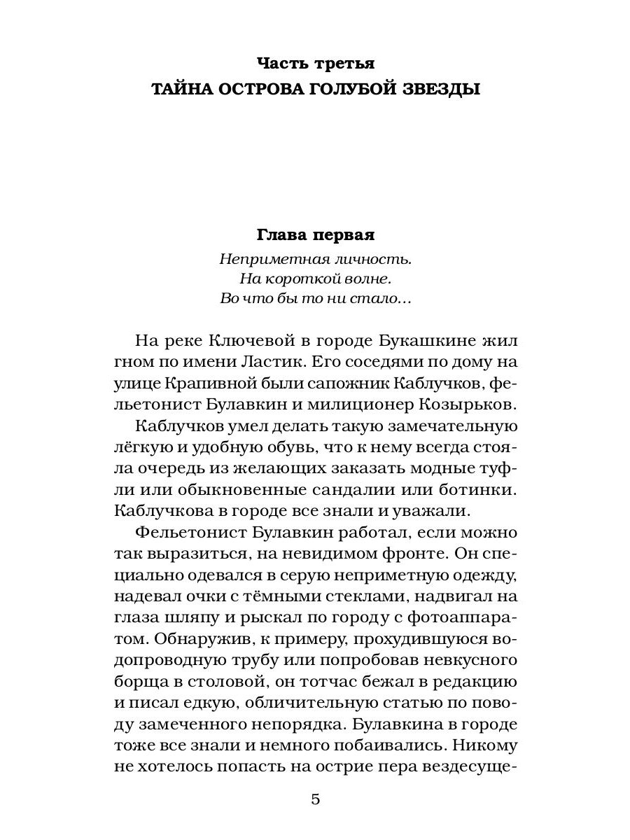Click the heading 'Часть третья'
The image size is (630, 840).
pos(316,64)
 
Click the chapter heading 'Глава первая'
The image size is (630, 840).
pos(316,233)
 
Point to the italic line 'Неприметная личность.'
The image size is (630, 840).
pos(316,258)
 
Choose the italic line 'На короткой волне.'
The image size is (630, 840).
pos(316,279)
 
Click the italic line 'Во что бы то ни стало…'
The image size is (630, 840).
pos(316,299)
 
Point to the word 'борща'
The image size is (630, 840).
pos(136,679)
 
